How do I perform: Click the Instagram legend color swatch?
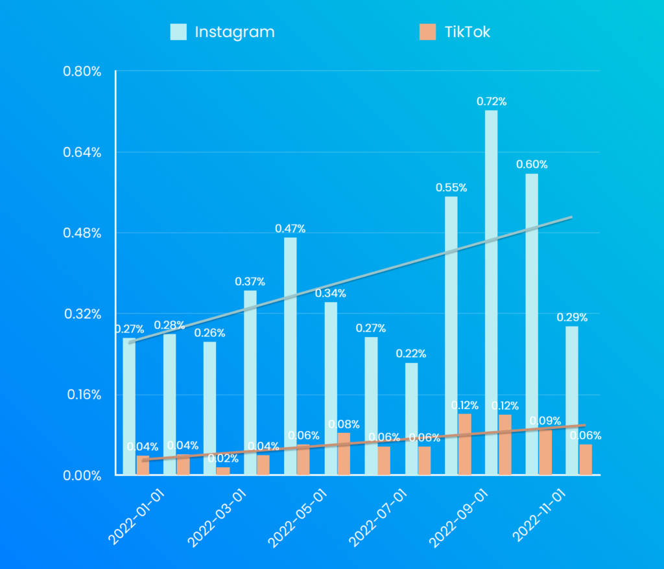tap(178, 32)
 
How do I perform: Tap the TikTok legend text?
tap(467, 32)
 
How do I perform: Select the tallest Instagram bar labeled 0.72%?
tap(491, 292)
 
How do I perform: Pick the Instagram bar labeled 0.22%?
tap(411, 418)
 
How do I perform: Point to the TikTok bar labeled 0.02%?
tap(223, 471)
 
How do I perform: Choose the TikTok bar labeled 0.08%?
tap(344, 454)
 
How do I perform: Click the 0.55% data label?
tap(451, 187)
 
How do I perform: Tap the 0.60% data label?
tap(532, 164)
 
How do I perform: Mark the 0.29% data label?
tap(572, 317)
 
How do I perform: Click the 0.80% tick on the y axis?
tap(82, 71)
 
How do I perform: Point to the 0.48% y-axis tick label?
tap(82, 233)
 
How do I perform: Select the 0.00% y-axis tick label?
tap(82, 476)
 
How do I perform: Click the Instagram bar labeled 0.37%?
tap(250, 382)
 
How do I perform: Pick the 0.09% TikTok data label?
tap(545, 421)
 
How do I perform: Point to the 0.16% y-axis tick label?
tap(82, 395)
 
